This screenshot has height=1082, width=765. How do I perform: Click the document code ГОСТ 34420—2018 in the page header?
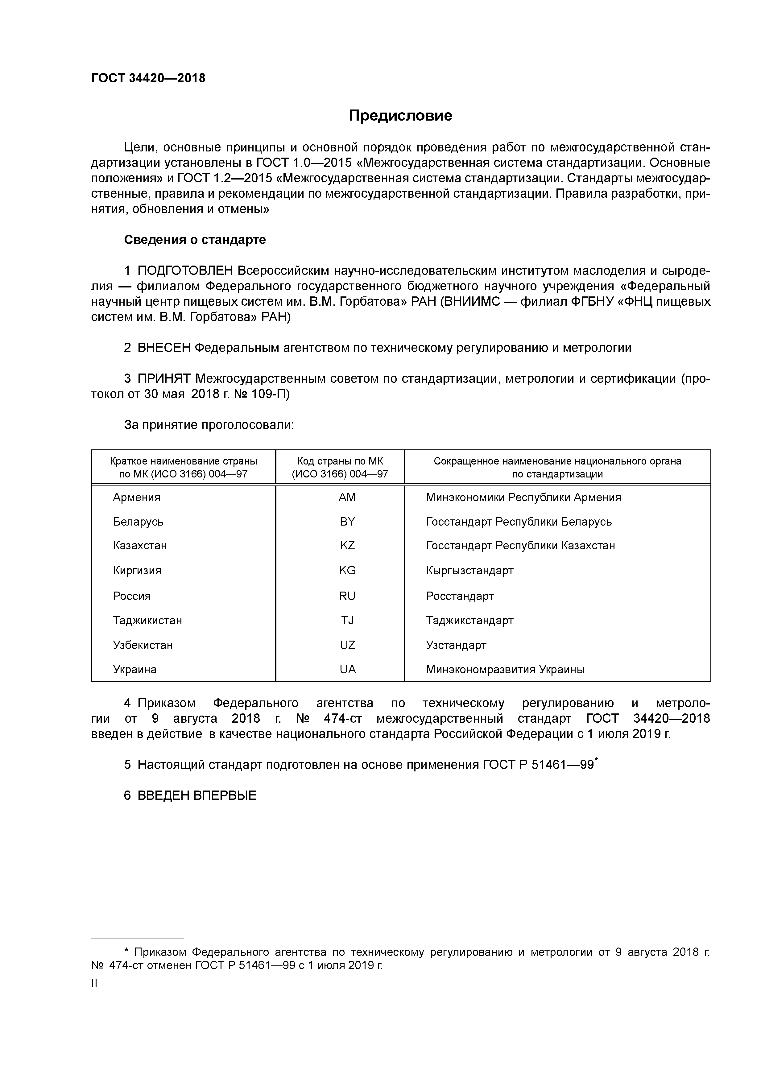(148, 78)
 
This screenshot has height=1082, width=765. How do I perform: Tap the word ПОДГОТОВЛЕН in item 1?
(185, 271)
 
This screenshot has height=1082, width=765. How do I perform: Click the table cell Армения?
(136, 498)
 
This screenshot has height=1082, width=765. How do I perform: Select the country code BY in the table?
(347, 522)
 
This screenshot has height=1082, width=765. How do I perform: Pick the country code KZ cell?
(347, 546)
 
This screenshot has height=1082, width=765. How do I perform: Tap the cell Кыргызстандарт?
(469, 571)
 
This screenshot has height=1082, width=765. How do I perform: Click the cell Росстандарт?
(460, 596)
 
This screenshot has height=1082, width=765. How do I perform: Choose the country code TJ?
(347, 621)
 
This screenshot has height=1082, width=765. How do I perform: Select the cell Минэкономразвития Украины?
(505, 670)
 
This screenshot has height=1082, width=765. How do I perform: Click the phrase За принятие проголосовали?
(209, 425)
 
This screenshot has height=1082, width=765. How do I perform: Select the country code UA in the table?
(347, 670)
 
